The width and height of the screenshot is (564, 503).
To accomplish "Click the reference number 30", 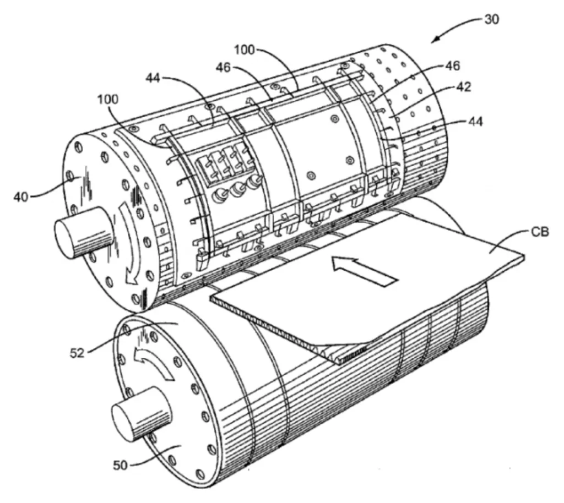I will [491, 19].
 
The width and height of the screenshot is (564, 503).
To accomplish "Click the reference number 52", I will [77, 352].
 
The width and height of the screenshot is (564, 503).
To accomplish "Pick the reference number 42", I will [464, 87].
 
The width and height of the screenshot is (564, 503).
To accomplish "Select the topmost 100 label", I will [244, 50].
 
